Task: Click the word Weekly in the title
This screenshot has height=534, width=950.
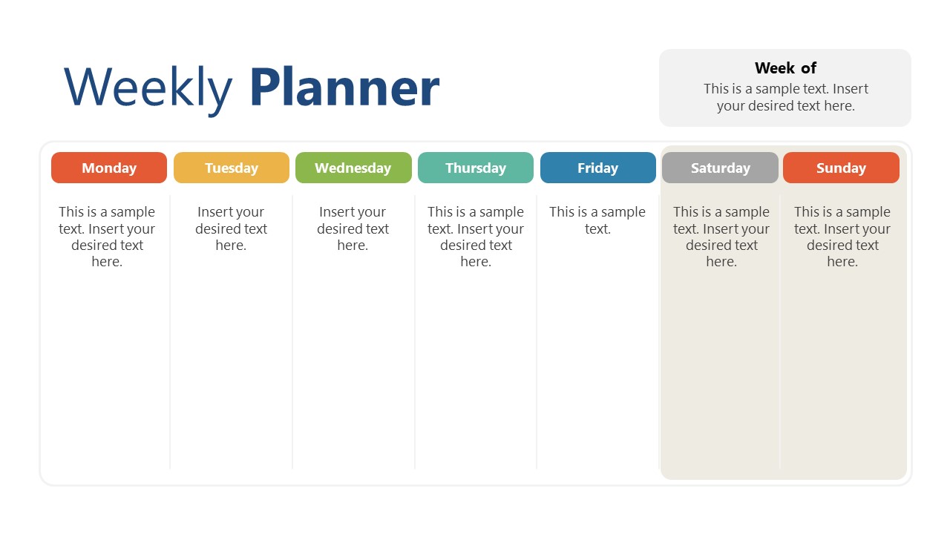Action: [148, 88]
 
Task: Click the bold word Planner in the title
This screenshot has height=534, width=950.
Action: [344, 88]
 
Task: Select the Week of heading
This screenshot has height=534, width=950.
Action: [785, 68]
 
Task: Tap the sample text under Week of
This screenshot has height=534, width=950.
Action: [785, 97]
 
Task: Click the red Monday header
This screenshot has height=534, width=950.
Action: [109, 168]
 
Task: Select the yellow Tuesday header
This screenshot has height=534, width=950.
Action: [232, 168]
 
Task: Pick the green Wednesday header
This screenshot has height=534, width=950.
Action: [353, 168]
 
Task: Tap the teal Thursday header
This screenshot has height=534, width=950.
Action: [476, 168]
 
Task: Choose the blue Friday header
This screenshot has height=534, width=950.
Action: [598, 168]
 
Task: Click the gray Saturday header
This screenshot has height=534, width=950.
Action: [720, 168]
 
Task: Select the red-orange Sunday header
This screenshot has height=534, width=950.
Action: [841, 168]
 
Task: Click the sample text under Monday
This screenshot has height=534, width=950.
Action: [107, 237]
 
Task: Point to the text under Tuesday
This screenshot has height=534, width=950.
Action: [231, 228]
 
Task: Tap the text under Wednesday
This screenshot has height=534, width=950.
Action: [353, 228]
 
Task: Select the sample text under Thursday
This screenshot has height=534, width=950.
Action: [476, 237]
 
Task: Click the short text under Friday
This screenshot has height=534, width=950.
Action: [597, 220]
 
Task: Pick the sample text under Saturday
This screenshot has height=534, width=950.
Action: [721, 237]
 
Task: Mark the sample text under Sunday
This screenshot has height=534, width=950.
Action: [842, 237]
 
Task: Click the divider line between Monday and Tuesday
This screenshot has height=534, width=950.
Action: [170, 334]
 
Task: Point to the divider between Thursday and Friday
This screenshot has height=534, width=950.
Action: [537, 334]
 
